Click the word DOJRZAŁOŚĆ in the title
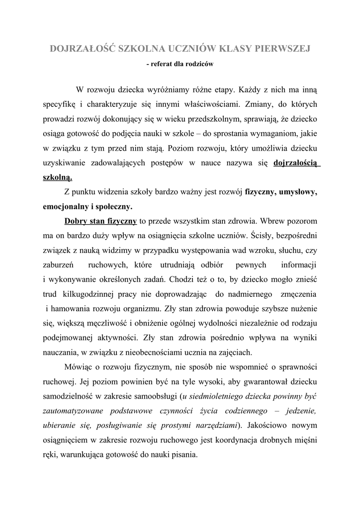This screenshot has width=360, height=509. click(83, 49)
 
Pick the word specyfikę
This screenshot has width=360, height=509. click(58, 105)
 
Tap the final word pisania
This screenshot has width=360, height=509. click(182, 454)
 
